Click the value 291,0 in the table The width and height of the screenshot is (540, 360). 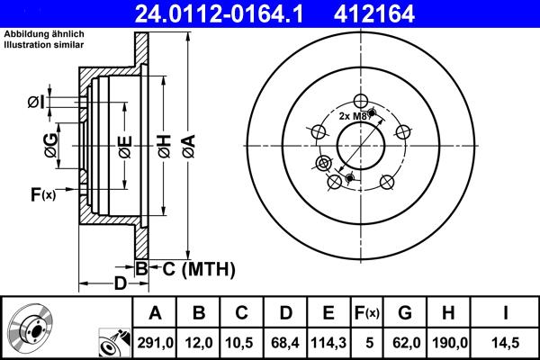[154, 343]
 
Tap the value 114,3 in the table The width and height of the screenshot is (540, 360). [327, 343]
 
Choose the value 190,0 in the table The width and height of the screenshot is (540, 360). [448, 343]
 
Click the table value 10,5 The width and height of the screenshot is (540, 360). [240, 343]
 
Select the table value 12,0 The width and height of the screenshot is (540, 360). [197, 343]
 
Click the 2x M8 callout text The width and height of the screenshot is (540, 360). [354, 115]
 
